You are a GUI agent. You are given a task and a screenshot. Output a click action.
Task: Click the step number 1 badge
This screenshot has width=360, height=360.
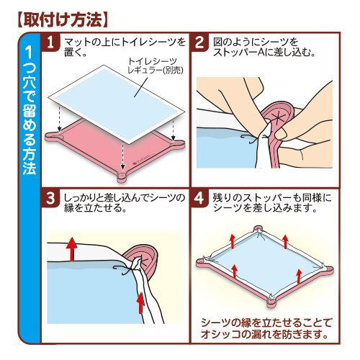click(50, 42)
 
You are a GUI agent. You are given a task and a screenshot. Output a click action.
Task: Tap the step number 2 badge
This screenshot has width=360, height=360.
click(199, 42)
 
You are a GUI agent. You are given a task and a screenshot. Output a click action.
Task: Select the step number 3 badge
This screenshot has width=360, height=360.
click(50, 199)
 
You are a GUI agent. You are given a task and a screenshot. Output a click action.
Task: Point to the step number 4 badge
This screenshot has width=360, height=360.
click(199, 199)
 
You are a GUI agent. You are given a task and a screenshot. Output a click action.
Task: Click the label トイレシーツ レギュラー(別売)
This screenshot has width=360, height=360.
click(156, 66)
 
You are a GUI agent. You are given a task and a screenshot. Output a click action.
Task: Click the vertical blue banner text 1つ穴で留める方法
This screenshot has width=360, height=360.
click(30, 110)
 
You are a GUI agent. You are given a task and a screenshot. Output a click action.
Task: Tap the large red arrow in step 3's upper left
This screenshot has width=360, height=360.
click(72, 249)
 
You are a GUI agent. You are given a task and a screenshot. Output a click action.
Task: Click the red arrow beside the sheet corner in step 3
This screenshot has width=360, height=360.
click(141, 302)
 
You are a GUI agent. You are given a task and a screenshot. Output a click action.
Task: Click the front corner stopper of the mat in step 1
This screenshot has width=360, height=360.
click(122, 177)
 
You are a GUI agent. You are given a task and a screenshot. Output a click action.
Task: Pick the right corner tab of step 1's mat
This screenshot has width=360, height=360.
click(178, 143)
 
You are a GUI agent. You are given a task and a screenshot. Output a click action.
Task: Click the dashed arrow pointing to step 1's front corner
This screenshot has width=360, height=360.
click(123, 155)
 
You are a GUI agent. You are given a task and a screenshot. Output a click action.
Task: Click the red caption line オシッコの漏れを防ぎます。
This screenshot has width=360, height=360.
click(264, 334)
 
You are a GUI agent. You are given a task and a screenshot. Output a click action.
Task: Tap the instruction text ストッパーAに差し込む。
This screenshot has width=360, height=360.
click(264, 53)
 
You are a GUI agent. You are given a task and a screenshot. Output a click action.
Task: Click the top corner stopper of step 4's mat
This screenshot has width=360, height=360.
click(258, 228)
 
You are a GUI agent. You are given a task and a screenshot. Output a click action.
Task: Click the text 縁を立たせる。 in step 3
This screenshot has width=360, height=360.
click(95, 208)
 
